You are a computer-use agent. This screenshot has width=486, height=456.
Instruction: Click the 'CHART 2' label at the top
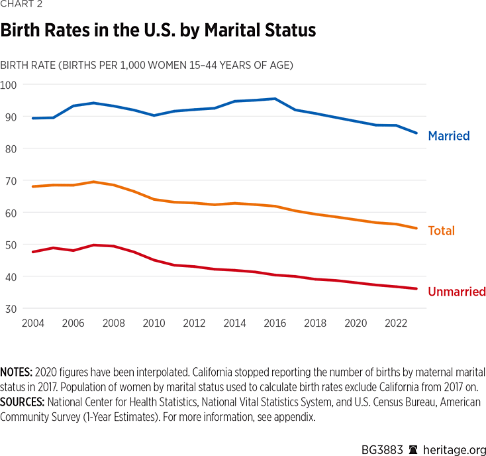click(21, 7)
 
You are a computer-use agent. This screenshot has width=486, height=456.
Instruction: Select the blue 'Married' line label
click(449, 136)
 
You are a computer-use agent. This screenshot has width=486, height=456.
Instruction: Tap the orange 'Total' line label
click(442, 231)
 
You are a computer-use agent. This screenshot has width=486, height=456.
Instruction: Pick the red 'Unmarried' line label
click(457, 292)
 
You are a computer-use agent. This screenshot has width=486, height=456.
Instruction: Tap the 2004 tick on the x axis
click(32, 323)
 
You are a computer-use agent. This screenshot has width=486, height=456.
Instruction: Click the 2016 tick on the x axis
click(275, 323)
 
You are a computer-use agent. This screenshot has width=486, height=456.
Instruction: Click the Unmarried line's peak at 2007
click(93, 245)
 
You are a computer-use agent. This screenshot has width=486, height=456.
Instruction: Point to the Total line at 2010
click(154, 199)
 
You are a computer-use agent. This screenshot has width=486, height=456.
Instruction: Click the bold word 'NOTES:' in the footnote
click(17, 372)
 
